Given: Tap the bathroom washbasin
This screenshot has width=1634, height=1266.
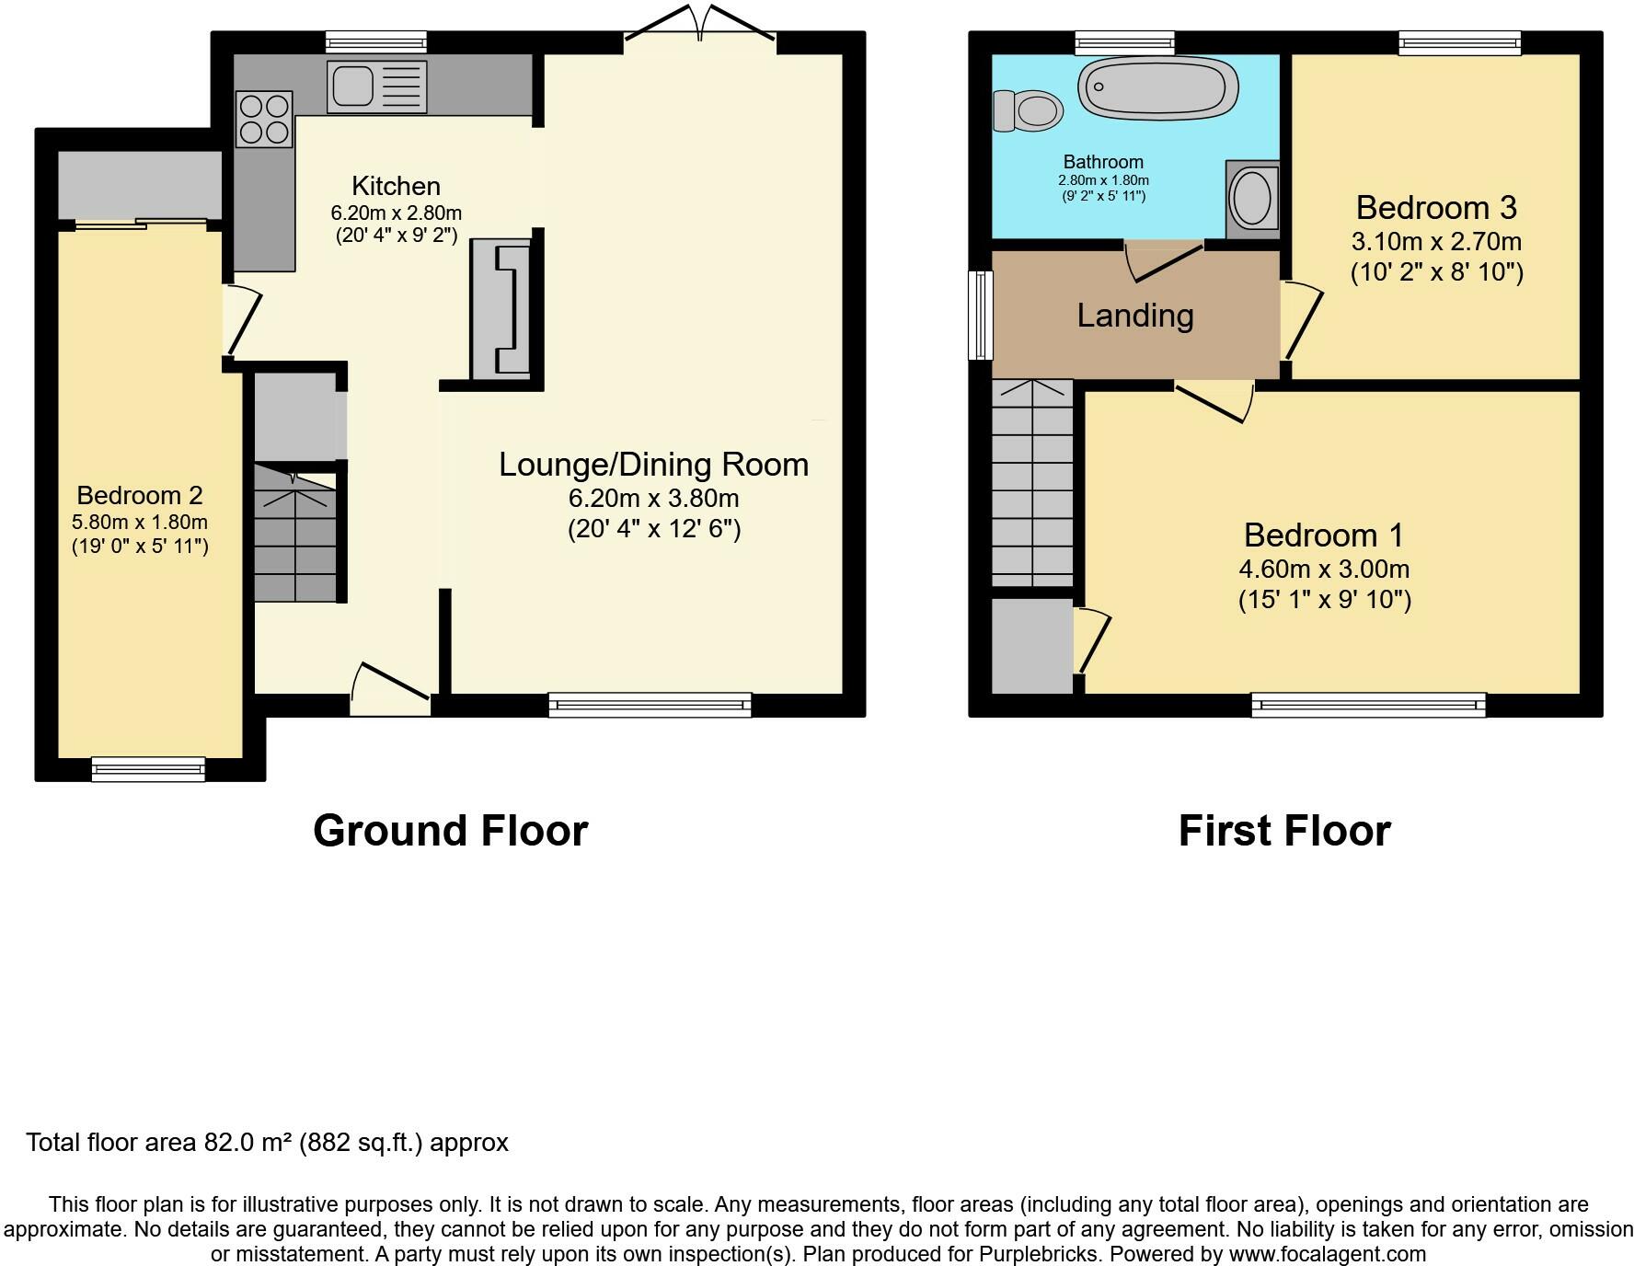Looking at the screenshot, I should pos(1251,199).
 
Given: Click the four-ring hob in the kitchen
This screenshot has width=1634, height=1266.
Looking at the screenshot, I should pos(264,120).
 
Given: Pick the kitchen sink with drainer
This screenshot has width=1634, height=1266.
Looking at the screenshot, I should pos(376,86).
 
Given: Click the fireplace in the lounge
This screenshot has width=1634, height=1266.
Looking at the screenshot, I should pos(502,308).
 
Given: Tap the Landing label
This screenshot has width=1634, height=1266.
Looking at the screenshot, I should pos(1135,316).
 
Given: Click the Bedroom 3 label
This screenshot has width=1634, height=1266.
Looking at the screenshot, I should pos(1435,208).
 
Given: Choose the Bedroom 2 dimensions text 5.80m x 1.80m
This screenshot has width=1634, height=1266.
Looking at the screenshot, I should pos(140,522).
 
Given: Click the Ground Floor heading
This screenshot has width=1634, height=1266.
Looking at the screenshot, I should pos(450,831).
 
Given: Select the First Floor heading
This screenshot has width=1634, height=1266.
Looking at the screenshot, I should pos(1283,831).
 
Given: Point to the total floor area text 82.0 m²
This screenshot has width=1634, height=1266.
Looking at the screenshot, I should pos(267,1143).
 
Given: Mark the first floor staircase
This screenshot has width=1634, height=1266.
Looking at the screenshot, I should pos(1032,483).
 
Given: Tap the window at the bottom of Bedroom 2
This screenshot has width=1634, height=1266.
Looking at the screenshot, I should pos(148,768).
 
